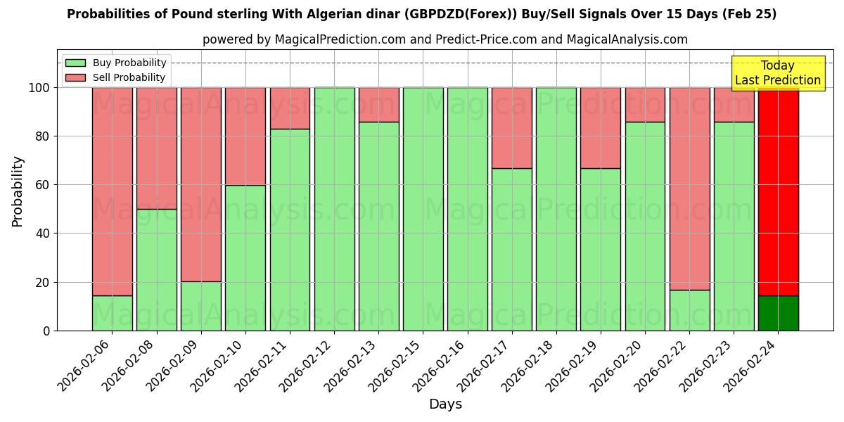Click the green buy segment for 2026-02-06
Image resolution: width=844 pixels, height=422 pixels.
(112, 313)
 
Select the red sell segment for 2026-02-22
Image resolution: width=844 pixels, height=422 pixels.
(689, 188)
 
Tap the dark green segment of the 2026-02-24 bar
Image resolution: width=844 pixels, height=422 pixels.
(778, 313)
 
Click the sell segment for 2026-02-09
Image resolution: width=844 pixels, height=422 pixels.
(201, 184)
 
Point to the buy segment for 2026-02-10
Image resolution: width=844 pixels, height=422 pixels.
(245, 257)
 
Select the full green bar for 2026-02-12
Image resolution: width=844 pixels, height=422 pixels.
(334, 209)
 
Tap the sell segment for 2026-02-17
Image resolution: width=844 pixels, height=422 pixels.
(511, 128)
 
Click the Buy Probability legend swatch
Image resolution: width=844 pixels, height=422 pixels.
(75, 63)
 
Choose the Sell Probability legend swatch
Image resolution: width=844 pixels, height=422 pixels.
(75, 78)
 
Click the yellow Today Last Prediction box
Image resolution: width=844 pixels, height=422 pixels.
(777, 73)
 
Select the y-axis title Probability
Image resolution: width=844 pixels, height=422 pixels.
(18, 191)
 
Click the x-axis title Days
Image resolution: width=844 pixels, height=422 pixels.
(445, 404)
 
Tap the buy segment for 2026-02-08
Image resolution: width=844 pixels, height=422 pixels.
(156, 269)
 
